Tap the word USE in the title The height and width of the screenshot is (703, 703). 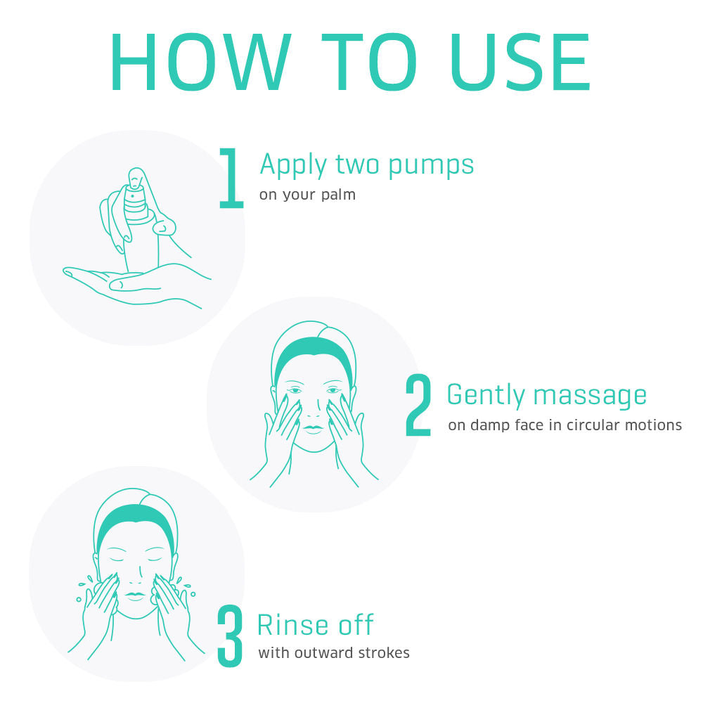[x=520, y=62]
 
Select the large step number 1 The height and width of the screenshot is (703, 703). [x=231, y=179]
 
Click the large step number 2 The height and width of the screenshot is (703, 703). [x=418, y=405]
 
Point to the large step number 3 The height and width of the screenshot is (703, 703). [x=230, y=636]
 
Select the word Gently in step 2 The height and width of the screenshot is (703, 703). [x=486, y=395]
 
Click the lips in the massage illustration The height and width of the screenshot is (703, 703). [x=313, y=429]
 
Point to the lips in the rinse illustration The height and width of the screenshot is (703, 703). [x=135, y=596]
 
